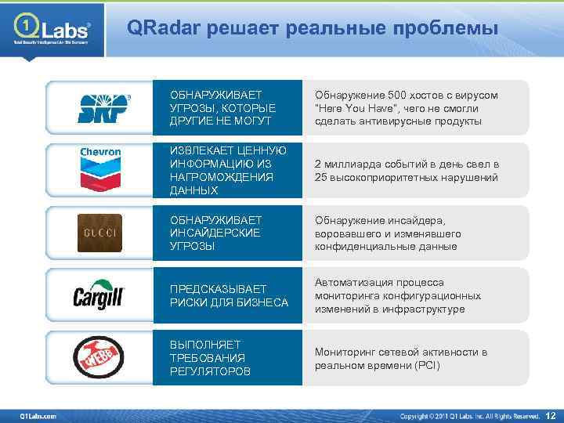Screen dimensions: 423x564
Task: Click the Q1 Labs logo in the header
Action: (52, 31)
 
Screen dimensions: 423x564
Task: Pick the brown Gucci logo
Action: (99, 233)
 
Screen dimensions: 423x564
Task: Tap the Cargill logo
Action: (99, 296)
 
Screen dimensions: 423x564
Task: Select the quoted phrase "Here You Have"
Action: (352, 109)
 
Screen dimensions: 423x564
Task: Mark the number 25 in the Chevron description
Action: (321, 178)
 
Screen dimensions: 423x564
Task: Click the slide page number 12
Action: (549, 414)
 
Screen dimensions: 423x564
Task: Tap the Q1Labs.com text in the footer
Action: (38, 415)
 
